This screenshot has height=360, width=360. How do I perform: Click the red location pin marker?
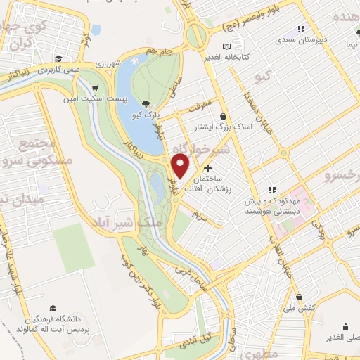[x=181, y=166]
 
